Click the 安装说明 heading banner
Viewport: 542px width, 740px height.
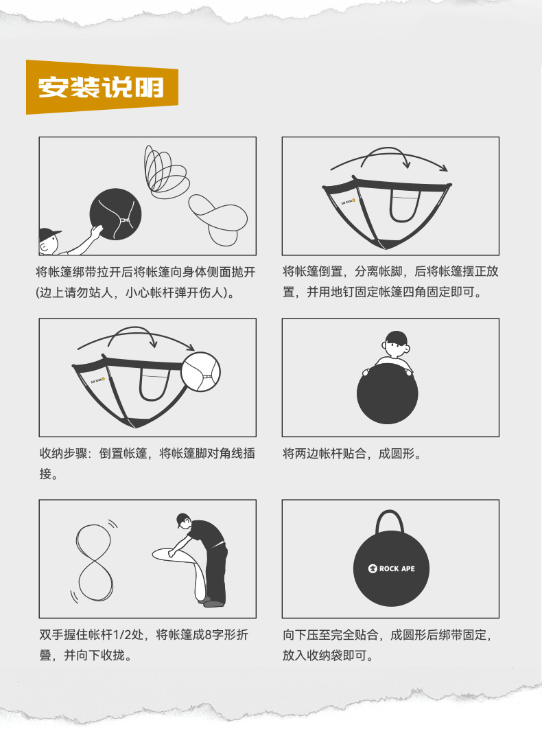102,87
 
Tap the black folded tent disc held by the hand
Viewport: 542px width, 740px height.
115,214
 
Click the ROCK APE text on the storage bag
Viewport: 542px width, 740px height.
397,568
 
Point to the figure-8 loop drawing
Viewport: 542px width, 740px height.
95,562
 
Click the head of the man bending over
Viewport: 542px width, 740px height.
183,520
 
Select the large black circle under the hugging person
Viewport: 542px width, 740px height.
387,393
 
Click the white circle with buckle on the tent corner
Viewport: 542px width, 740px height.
200,372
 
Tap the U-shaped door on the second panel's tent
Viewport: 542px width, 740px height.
405,206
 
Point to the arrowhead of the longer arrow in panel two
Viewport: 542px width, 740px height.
443,168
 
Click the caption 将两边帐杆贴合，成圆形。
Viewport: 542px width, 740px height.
352,454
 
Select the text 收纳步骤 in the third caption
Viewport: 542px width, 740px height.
64,454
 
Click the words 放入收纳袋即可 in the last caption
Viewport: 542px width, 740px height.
325,656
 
